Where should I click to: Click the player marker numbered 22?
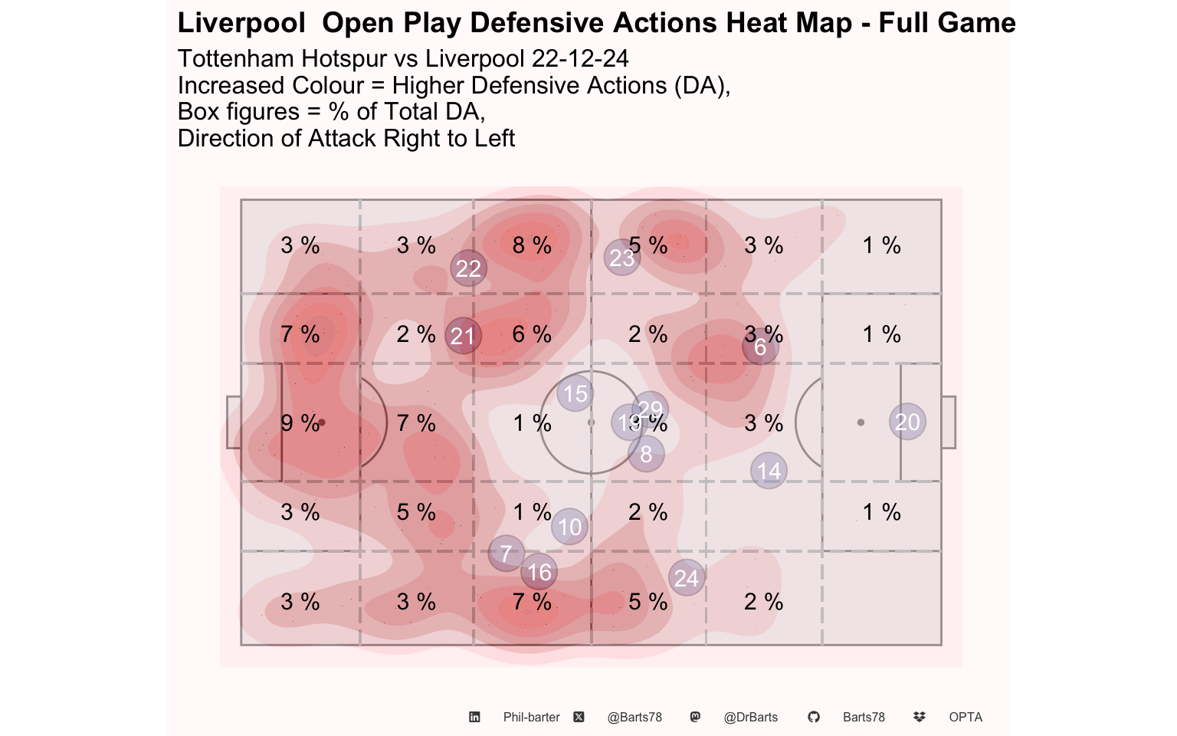point(468,268)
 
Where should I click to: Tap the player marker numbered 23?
point(621,258)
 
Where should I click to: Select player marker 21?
point(463,336)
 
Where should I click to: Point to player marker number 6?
point(760,347)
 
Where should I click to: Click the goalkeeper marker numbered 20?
point(907,422)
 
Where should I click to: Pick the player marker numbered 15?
point(575,393)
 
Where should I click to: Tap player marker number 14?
point(769,471)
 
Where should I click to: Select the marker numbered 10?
point(569,527)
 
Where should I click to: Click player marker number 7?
point(506,554)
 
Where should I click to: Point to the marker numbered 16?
point(539,572)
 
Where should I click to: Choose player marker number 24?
point(686,578)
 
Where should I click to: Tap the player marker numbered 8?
point(646,454)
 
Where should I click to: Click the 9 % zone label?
point(300,423)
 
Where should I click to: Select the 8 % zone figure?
point(532,245)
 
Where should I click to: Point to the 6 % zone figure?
point(532,334)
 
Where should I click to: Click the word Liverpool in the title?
point(241,23)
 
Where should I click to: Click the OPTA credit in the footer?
point(965,717)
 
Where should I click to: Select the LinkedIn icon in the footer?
point(474,717)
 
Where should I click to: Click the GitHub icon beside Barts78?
point(814,717)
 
